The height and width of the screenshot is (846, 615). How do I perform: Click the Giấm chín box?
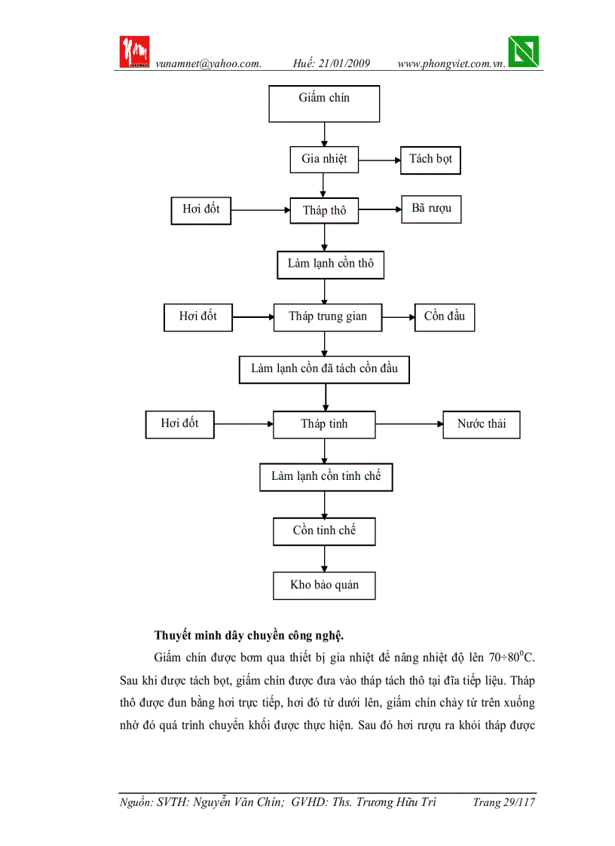click(324, 103)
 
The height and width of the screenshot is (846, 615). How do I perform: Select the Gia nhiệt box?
click(324, 159)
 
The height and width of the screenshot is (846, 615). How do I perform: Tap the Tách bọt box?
click(430, 159)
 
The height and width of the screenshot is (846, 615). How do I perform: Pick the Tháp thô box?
click(324, 210)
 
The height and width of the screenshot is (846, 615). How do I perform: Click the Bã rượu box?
click(431, 209)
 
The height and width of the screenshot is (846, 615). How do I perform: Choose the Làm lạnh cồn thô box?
click(330, 264)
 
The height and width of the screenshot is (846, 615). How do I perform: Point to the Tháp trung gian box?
click(328, 316)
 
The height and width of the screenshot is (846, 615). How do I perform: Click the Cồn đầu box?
click(445, 316)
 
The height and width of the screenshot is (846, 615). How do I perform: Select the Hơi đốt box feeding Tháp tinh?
click(179, 423)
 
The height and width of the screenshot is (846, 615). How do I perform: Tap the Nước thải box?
click(482, 424)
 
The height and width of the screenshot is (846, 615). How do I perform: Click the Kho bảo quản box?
click(324, 585)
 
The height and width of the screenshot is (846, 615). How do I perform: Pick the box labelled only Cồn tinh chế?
click(324, 531)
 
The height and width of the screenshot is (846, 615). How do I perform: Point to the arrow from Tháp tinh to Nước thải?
click(409, 424)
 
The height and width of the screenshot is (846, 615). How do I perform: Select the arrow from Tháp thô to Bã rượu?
click(380, 210)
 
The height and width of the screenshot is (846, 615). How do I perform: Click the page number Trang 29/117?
click(503, 803)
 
